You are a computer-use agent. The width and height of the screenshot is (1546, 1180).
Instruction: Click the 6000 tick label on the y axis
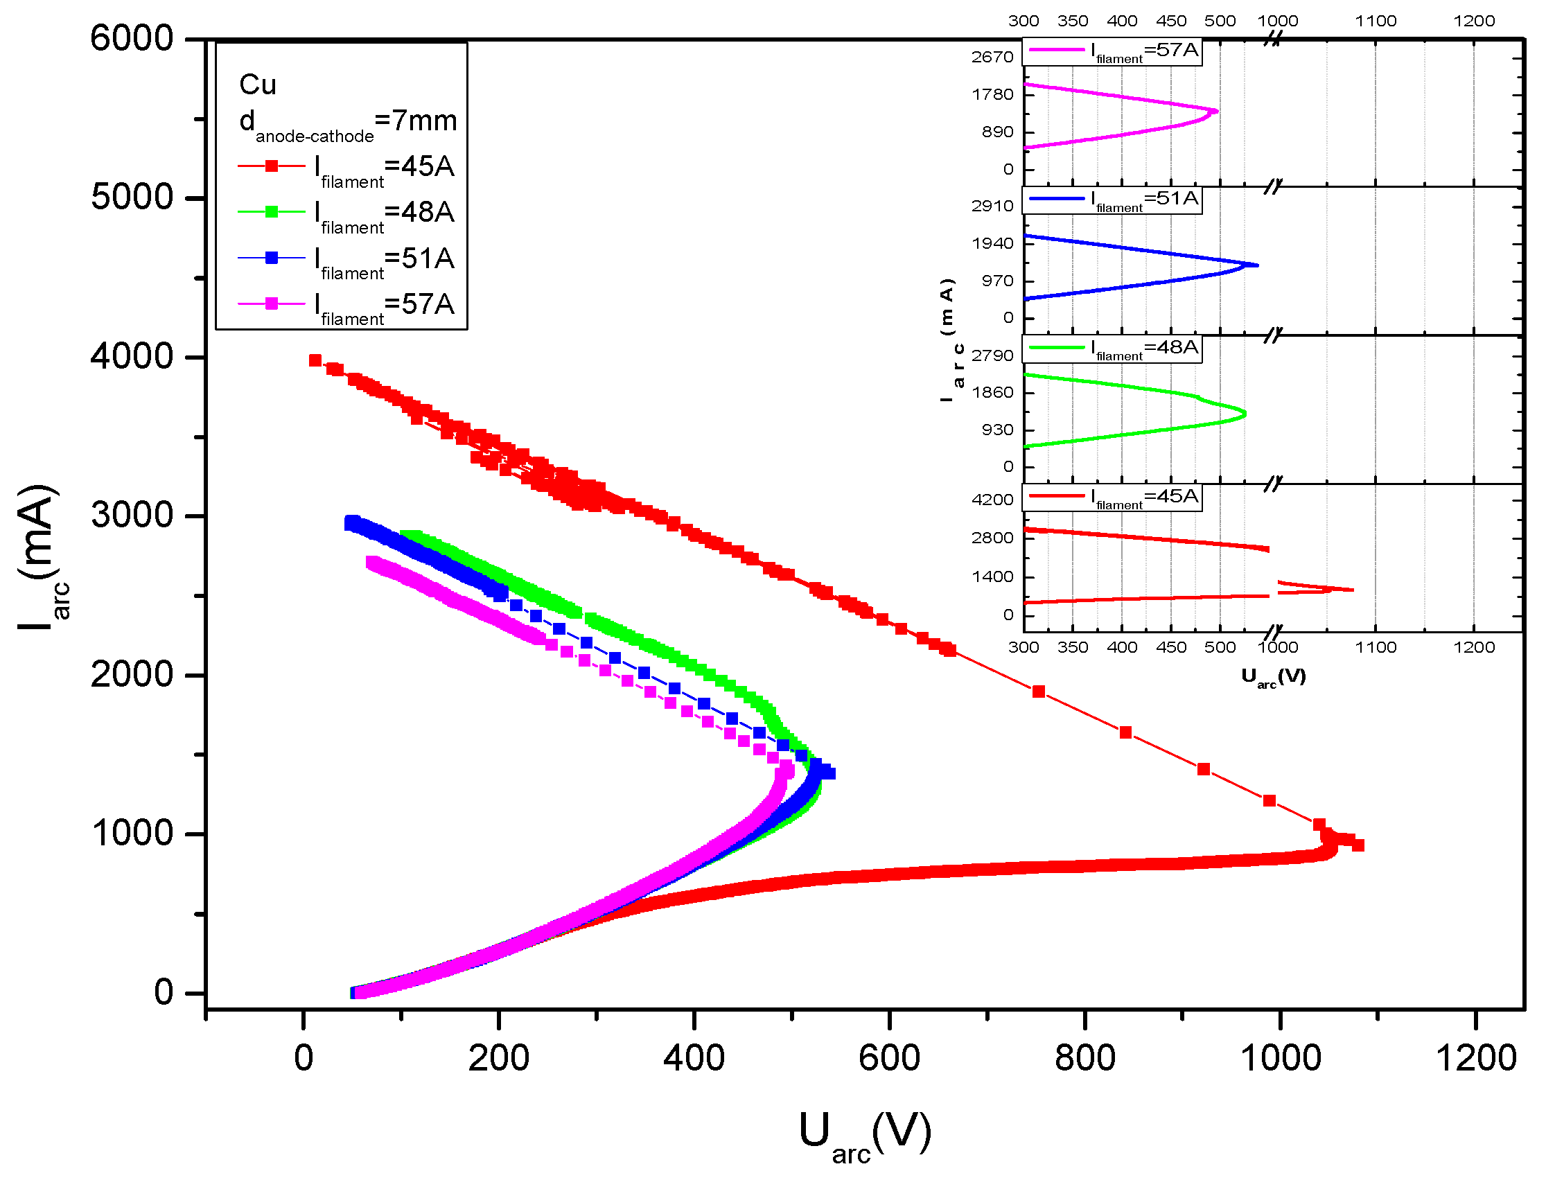(x=132, y=38)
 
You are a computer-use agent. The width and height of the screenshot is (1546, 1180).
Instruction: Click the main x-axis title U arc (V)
(x=865, y=1135)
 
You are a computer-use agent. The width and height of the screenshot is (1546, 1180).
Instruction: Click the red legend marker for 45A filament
(x=271, y=166)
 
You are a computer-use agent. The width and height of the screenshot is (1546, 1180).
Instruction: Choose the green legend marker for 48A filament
(x=271, y=211)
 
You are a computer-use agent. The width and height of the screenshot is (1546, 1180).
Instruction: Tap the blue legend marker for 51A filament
(x=271, y=258)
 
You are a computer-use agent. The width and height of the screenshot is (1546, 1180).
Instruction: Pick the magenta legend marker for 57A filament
(x=271, y=303)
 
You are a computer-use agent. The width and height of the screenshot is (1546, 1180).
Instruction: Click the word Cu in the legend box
(x=258, y=85)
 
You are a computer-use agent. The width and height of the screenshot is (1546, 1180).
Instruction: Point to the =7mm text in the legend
(x=416, y=121)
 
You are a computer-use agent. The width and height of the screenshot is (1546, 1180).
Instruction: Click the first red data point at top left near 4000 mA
(x=315, y=360)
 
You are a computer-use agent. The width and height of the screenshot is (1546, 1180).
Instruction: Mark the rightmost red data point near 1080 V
(x=1358, y=845)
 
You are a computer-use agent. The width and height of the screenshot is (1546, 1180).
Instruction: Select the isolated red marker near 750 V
(x=1039, y=692)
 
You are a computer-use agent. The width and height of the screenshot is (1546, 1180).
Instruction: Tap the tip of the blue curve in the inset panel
(x=1256, y=265)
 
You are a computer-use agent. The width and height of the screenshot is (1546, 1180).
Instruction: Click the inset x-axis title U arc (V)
(x=1273, y=676)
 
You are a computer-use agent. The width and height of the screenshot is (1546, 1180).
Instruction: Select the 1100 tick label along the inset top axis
(x=1376, y=21)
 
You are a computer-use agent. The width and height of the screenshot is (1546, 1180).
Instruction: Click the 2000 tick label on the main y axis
(x=132, y=675)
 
